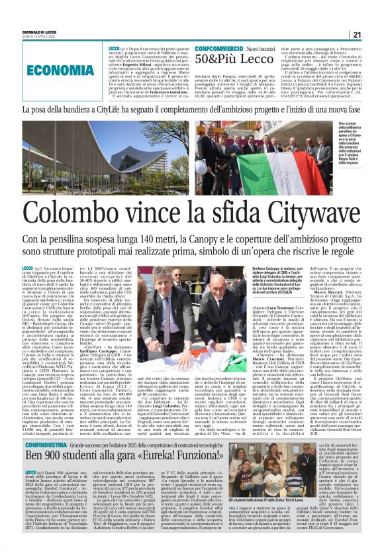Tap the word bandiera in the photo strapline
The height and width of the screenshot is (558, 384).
(x=78, y=109)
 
